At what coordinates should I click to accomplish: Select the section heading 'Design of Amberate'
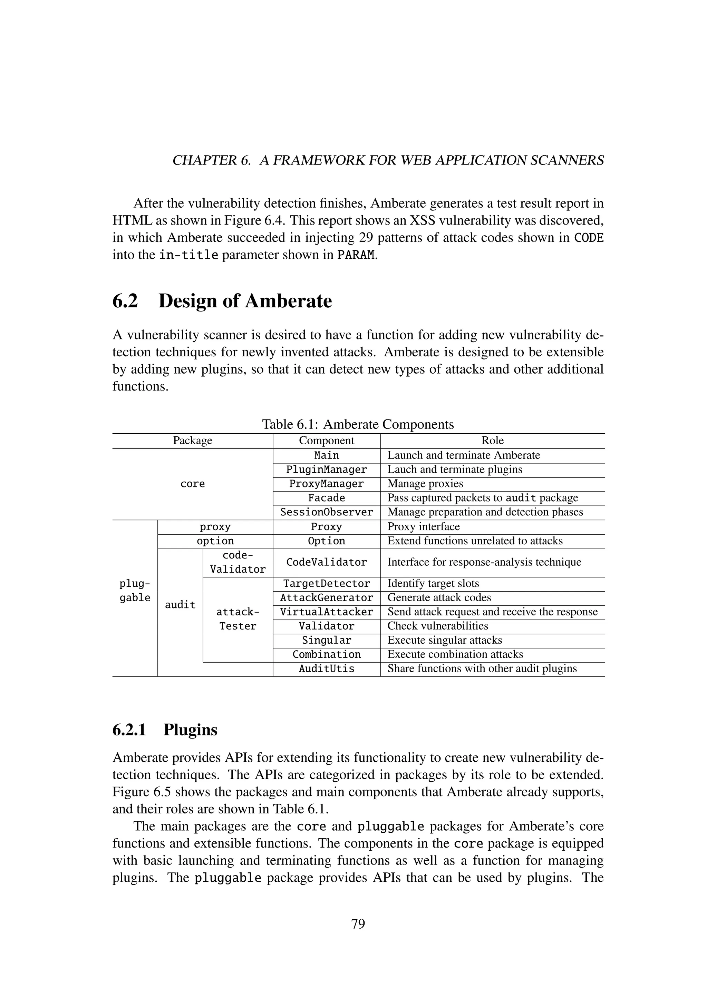[245, 301]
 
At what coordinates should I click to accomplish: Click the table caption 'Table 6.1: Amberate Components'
[358, 424]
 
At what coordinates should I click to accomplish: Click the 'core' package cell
[192, 484]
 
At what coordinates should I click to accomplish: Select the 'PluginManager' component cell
[327, 470]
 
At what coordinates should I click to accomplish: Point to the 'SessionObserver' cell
[327, 512]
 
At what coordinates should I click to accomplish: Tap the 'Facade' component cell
[327, 498]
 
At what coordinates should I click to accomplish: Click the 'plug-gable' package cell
[135, 591]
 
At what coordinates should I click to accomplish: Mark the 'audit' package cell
[180, 605]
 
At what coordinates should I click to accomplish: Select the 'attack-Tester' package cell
[238, 619]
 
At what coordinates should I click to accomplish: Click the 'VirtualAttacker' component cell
[327, 612]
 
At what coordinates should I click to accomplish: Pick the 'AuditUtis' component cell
[327, 669]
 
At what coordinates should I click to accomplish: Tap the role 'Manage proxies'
[425, 484]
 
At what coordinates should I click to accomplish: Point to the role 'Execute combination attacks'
[455, 654]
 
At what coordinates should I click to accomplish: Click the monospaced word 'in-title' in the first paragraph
[188, 255]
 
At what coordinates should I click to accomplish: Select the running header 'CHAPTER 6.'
[212, 160]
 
